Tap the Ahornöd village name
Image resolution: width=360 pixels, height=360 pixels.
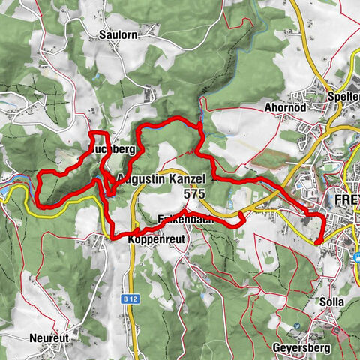click(x=283, y=106)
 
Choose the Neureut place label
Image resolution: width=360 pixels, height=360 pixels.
click(x=50, y=338)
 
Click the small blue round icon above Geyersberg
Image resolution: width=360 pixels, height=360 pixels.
click(x=298, y=325)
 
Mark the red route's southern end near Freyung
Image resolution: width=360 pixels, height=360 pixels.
click(x=318, y=241)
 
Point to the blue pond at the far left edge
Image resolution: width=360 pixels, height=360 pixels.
click(x=6, y=192)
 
